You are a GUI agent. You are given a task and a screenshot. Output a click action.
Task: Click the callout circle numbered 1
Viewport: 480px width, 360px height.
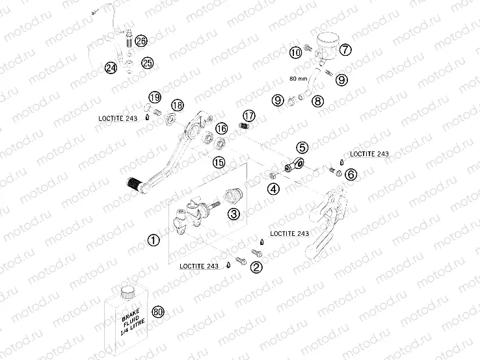pos(153,240)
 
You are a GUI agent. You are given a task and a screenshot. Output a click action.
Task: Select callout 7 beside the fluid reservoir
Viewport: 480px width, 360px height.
pos(345,49)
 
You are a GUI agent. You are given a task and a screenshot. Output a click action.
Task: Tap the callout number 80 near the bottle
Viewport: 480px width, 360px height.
pos(157,312)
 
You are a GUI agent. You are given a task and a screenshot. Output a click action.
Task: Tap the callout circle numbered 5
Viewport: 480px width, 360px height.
pos(302,148)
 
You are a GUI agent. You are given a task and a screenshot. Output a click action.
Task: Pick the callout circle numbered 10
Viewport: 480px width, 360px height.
pos(297,53)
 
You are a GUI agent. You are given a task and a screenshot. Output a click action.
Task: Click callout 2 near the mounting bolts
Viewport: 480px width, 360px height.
pos(257,266)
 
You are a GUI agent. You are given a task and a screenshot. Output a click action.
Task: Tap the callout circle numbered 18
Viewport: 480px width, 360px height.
pos(177,106)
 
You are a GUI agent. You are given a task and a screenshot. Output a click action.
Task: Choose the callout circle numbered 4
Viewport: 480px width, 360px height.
pos(274,189)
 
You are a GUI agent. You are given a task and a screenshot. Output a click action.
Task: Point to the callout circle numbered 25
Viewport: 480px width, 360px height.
pos(147,63)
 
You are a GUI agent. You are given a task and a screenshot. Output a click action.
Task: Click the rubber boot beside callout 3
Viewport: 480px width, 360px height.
pos(233,194)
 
